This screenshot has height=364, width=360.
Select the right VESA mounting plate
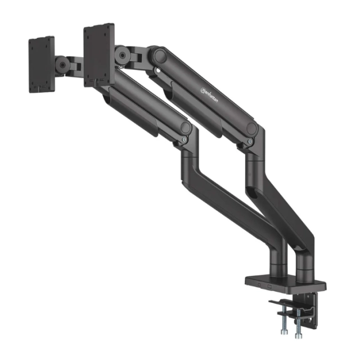[99, 54]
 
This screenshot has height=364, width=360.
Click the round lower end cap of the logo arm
[251, 129]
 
